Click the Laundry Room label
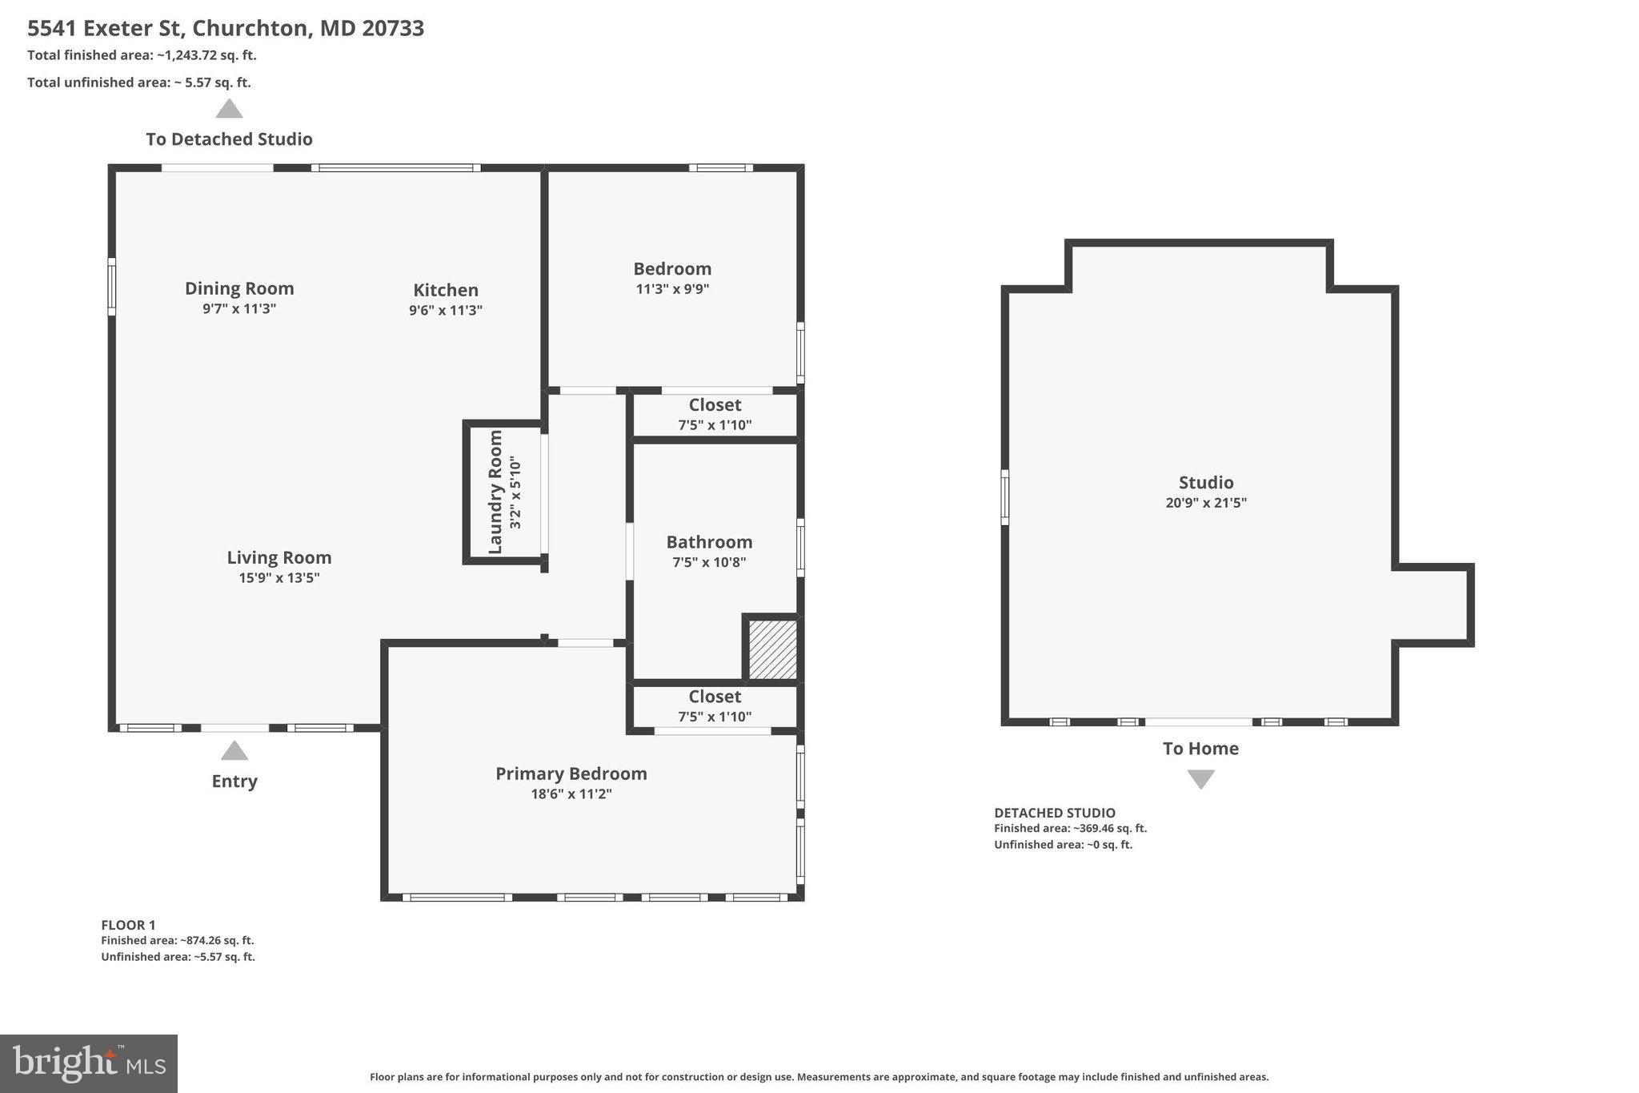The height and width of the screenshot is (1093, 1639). click(495, 492)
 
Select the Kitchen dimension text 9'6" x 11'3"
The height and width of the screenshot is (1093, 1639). click(446, 310)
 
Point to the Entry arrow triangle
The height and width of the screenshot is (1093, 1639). click(234, 750)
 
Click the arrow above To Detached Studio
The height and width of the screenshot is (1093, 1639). click(229, 109)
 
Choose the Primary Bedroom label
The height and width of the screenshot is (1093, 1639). click(571, 774)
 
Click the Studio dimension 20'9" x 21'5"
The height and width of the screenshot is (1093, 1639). click(1206, 503)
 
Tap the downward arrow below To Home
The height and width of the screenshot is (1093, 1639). click(1200, 779)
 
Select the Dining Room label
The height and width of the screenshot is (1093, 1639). click(239, 288)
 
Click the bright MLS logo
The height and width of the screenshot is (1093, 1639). click(89, 1063)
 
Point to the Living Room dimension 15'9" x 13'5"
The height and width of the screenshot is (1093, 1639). click(279, 577)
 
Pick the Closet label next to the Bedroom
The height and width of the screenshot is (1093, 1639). click(715, 405)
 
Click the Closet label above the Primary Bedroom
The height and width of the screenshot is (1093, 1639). click(715, 697)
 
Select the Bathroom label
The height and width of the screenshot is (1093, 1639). click(710, 542)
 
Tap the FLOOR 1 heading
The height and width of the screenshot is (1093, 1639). click(128, 925)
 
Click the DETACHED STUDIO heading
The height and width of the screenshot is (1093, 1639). click(1055, 813)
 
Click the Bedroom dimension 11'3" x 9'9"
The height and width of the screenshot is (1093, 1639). click(673, 289)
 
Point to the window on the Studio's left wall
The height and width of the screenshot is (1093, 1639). click(1005, 497)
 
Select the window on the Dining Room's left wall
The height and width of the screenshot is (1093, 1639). click(112, 286)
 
